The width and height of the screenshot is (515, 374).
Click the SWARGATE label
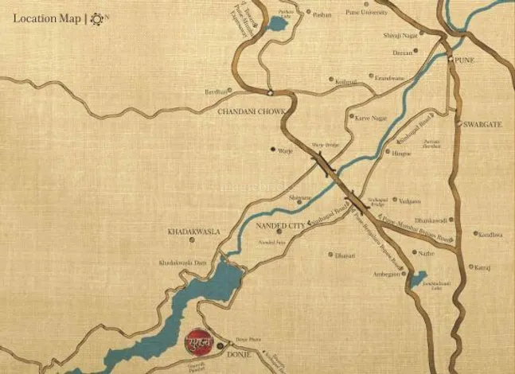pos(479,125)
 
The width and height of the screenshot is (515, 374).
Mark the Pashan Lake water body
pos(275,24)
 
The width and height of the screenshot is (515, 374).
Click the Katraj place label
pos(482,267)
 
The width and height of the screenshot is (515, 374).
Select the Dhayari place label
pos(345,255)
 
